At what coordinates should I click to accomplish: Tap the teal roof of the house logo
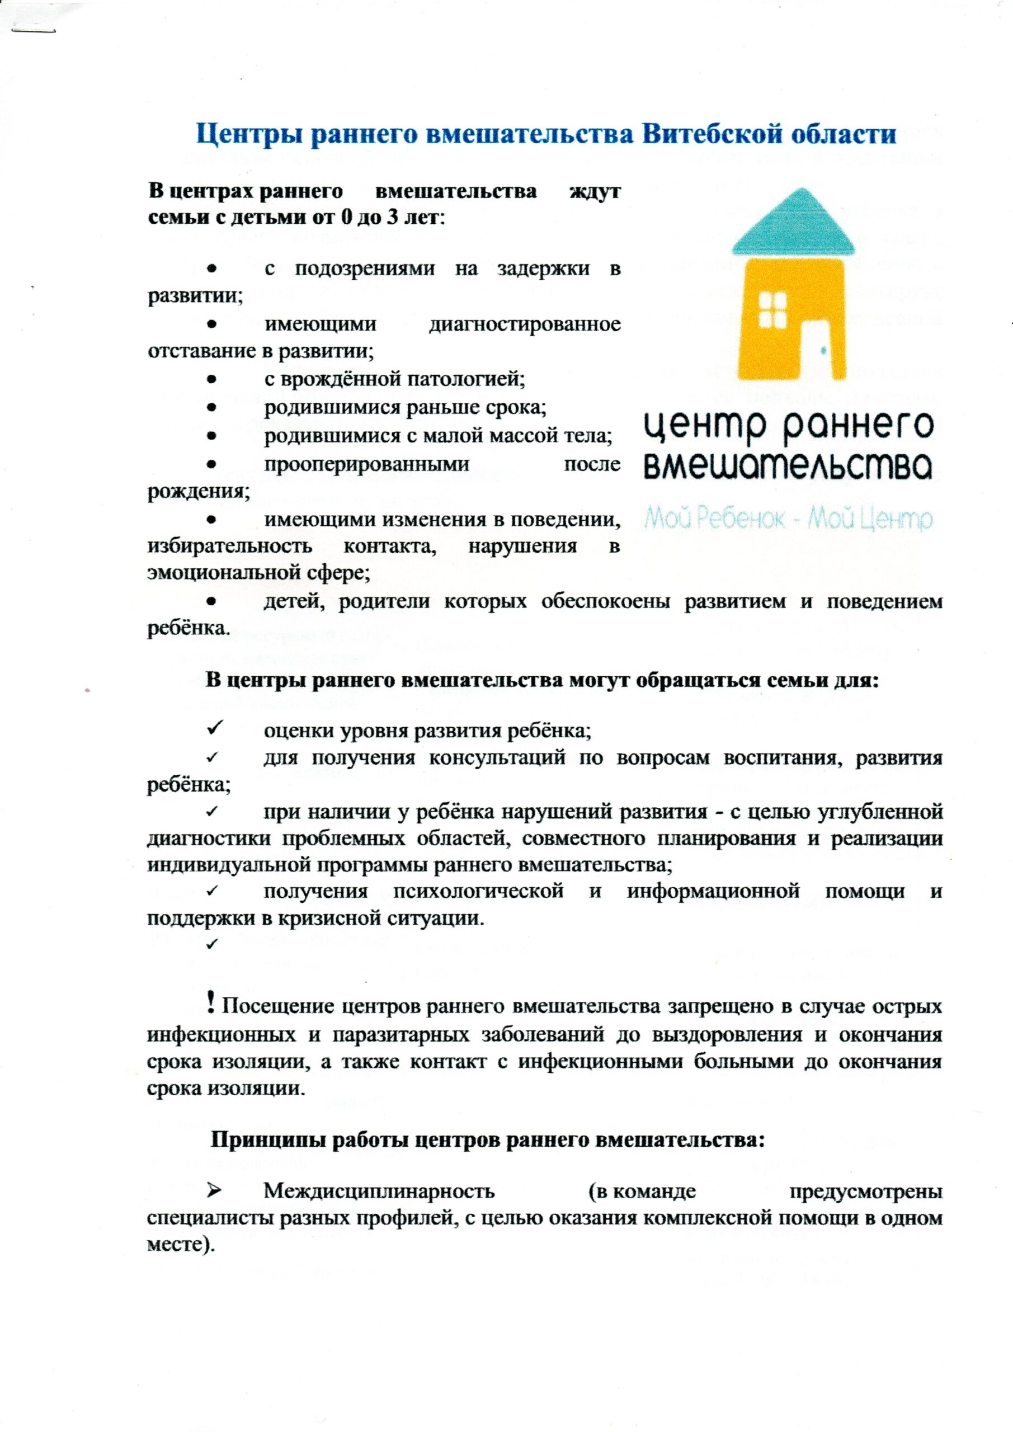[791, 224]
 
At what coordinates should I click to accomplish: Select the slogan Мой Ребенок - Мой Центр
[789, 519]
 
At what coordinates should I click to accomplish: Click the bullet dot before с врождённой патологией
[212, 379]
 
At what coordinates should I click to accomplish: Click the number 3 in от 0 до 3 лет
[394, 219]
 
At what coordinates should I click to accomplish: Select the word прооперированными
[367, 464]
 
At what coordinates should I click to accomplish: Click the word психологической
[478, 891]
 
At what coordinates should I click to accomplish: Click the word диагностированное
[525, 324]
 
